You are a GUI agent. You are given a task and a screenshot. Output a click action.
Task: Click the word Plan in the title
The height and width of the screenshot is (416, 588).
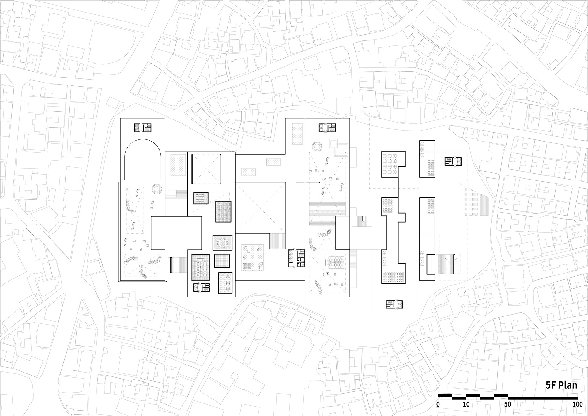(x=567, y=385)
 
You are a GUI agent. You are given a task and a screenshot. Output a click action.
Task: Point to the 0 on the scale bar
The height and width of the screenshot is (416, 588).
(x=438, y=404)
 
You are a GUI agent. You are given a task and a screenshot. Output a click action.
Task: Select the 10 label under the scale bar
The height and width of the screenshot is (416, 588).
(x=466, y=404)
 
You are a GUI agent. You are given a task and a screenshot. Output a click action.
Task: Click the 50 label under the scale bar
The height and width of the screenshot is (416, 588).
(x=507, y=404)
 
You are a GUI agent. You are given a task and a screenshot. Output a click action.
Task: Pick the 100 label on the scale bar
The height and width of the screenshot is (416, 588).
(x=578, y=404)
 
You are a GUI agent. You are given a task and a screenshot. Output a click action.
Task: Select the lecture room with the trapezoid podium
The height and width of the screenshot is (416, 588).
(x=201, y=267)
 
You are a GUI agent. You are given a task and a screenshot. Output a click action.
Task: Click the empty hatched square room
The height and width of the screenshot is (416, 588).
(x=222, y=261)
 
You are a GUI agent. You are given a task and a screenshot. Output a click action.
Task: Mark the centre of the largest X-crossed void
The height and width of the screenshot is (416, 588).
(x=260, y=208)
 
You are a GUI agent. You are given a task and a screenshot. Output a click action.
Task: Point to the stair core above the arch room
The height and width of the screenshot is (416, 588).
(x=143, y=128)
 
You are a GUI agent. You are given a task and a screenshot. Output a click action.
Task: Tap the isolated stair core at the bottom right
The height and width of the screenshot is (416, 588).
(x=394, y=304)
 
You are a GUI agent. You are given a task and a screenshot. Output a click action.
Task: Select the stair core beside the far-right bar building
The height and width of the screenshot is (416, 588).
(x=453, y=161)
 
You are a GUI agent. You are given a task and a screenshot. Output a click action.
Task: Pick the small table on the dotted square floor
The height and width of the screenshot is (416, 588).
(x=247, y=266)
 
